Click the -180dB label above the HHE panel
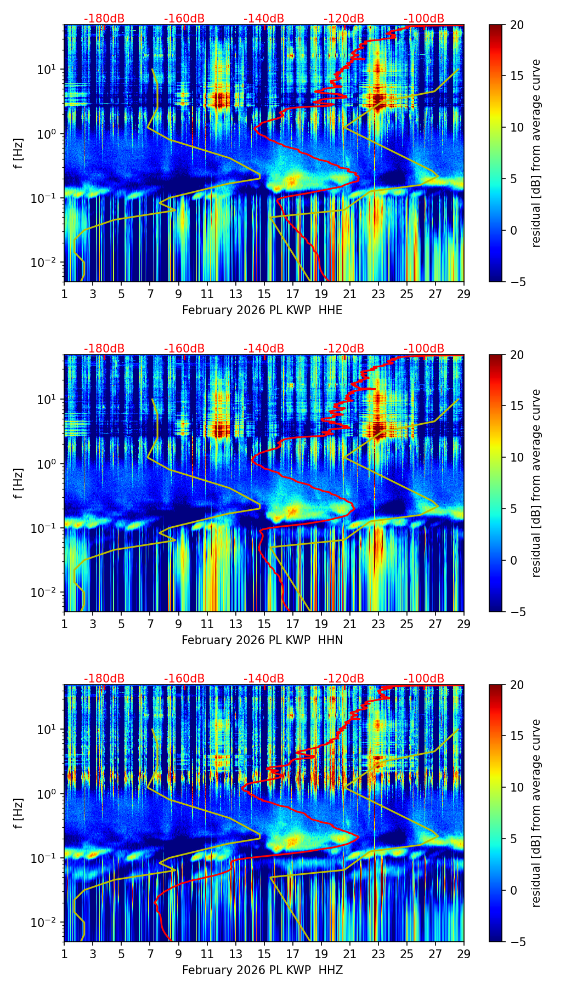104,19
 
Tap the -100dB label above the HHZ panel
424,679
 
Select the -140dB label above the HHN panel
264,349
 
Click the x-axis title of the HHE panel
262,310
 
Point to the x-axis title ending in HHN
262,640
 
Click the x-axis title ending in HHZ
262,970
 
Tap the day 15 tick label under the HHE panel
264,294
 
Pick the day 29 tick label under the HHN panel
463,624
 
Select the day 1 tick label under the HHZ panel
64,954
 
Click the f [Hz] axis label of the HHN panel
19,483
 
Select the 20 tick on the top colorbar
517,25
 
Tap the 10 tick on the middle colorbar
517,457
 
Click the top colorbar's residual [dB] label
536,153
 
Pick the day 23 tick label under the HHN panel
378,624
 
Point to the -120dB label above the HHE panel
344,19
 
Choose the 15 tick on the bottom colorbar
517,736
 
